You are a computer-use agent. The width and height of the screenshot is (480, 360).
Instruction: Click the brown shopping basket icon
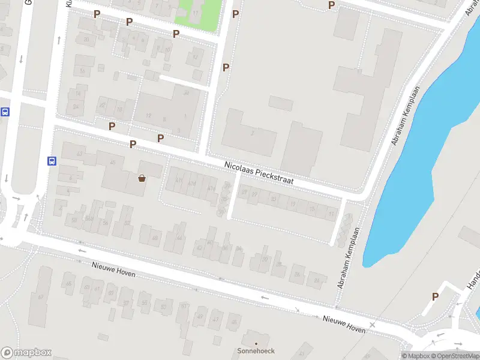[x=142, y=178]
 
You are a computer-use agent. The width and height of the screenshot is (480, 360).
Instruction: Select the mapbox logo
[x=26, y=353]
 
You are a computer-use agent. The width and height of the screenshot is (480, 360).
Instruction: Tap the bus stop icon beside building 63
[x=52, y=161]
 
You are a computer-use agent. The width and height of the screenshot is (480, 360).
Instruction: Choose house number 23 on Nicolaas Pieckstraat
[x=274, y=199]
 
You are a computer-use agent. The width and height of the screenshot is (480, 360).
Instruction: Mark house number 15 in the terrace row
[x=311, y=208]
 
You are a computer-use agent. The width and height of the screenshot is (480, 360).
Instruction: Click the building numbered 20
[x=87, y=39]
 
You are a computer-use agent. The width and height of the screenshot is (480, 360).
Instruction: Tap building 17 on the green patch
[x=197, y=12]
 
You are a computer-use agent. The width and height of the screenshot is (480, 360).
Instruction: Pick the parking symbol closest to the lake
[x=436, y=296]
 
